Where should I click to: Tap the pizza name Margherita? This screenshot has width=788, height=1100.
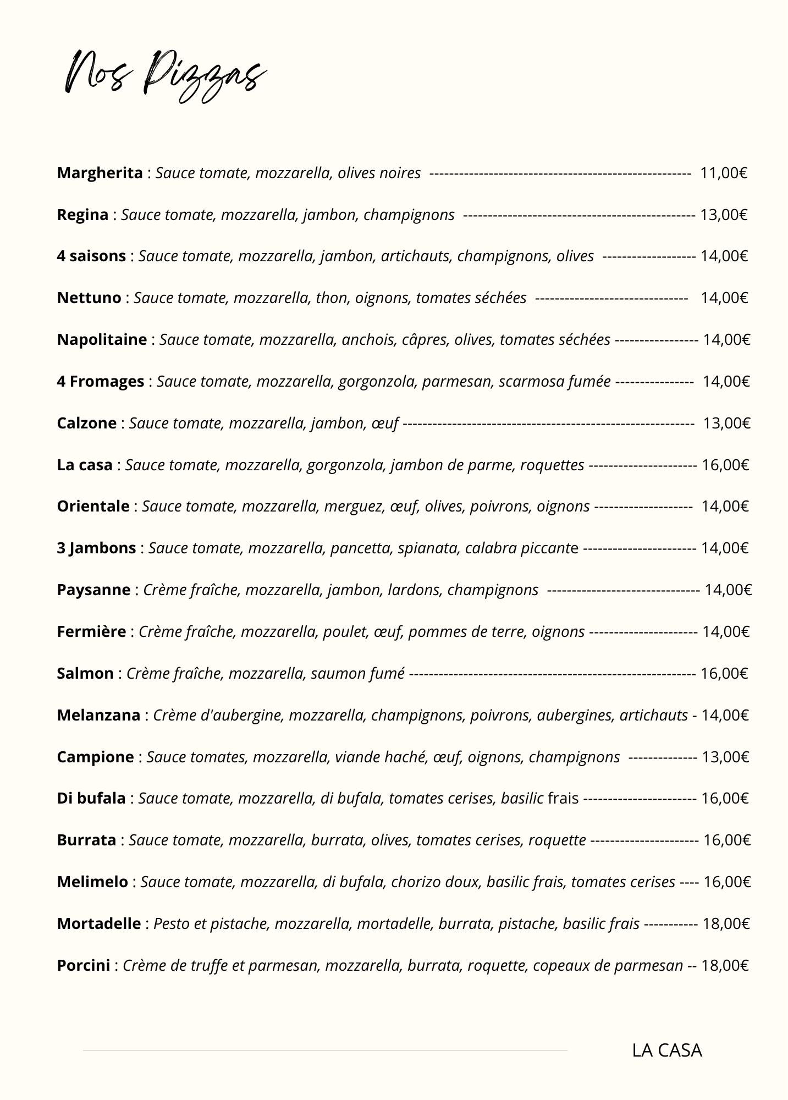click(100, 173)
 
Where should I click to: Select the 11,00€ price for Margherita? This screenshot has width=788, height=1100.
click(724, 173)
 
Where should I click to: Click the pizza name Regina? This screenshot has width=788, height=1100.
click(82, 215)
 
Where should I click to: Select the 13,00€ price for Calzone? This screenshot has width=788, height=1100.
click(727, 424)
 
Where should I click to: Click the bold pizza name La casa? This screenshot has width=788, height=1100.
click(85, 465)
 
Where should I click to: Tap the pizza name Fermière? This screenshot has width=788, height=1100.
click(91, 632)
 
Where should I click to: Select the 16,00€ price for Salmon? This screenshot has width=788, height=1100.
click(724, 674)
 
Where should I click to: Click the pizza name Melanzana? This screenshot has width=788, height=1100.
click(98, 716)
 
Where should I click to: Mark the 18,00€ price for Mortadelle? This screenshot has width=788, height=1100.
click(726, 924)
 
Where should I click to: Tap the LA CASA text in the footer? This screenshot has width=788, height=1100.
click(667, 1050)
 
